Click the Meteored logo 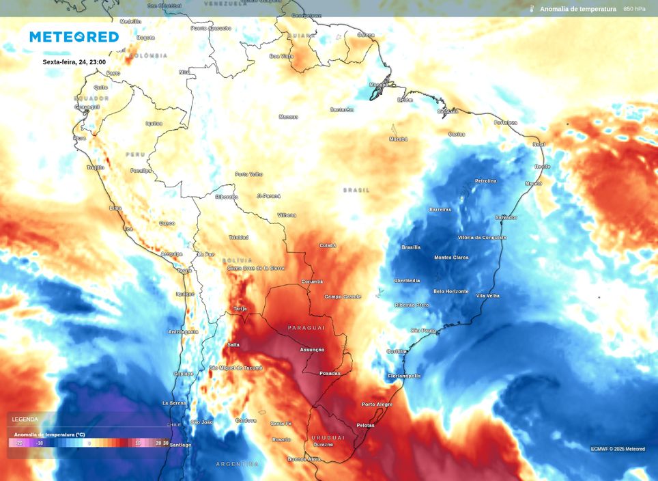[x=74, y=37]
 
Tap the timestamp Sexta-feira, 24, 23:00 [x=74, y=62]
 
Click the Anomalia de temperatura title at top [x=577, y=9]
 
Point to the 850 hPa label [x=634, y=9]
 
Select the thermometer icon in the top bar [x=531, y=9]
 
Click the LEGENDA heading [x=25, y=419]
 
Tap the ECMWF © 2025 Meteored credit [x=618, y=449]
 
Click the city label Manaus [x=288, y=117]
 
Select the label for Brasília [x=411, y=247]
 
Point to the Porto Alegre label [x=377, y=404]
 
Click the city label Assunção [x=312, y=350]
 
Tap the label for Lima [x=115, y=208]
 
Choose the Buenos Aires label [x=304, y=459]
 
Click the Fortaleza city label [x=506, y=123]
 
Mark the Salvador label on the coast [x=506, y=217]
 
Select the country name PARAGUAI [x=306, y=328]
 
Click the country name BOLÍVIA [x=237, y=260]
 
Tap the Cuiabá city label [x=328, y=245]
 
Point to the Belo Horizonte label [x=450, y=292]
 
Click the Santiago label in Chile [x=180, y=445]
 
